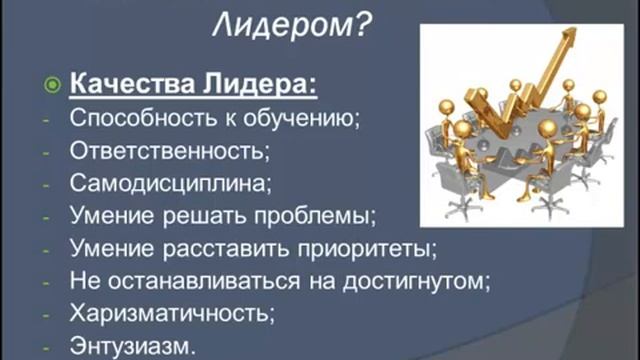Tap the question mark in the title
364,28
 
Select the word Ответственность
162,153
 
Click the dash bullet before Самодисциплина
45,185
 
